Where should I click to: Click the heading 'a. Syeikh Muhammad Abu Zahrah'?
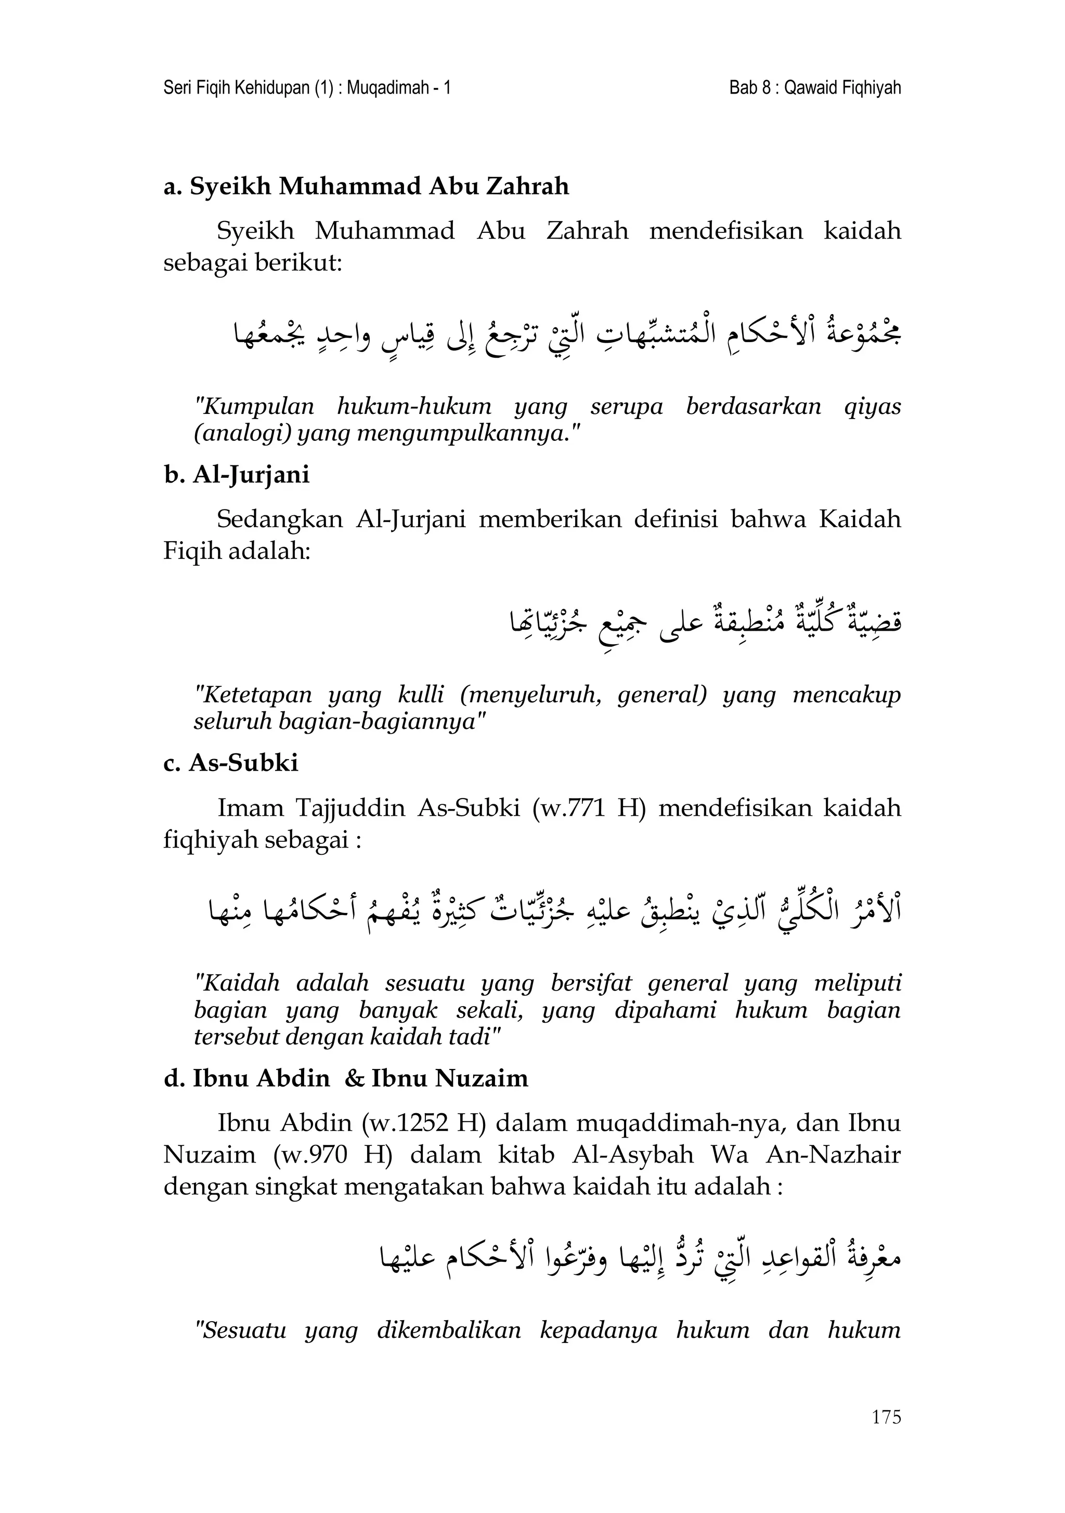pyautogui.click(x=366, y=187)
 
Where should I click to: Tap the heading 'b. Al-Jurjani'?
pyautogui.click(x=237, y=475)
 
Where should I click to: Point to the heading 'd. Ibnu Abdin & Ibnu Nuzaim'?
pyautogui.click(x=346, y=1079)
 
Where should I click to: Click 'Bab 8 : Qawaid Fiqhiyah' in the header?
pyautogui.click(x=814, y=88)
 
